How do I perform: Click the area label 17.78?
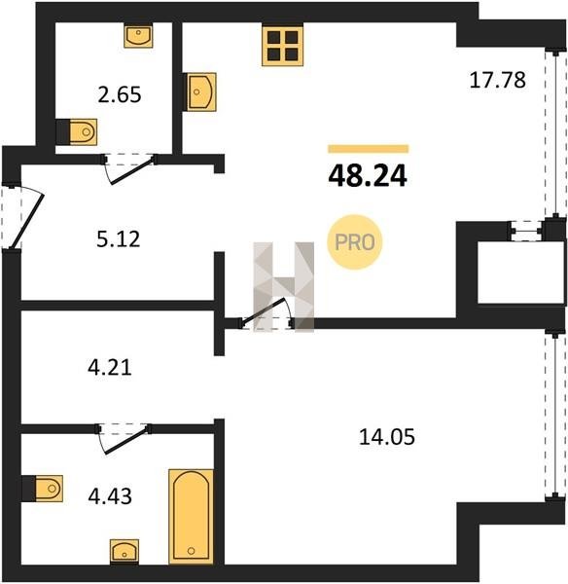click(498, 80)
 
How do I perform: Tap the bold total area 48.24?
click(368, 176)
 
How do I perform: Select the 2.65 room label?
click(120, 94)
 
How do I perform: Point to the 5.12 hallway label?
click(119, 239)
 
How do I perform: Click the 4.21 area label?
click(110, 367)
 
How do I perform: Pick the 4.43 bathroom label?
click(110, 496)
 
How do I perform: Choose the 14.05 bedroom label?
click(387, 437)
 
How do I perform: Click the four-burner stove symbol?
click(282, 45)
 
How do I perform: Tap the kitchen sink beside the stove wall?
click(201, 91)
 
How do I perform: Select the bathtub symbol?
click(192, 517)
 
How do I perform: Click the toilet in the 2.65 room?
click(83, 131)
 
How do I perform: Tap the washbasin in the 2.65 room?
click(138, 36)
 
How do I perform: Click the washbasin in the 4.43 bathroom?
click(124, 552)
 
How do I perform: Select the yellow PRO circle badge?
click(355, 242)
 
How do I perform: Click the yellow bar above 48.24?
click(368, 149)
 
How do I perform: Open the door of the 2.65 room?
click(130, 169)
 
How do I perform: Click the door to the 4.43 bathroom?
click(124, 440)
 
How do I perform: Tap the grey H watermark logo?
click(284, 287)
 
